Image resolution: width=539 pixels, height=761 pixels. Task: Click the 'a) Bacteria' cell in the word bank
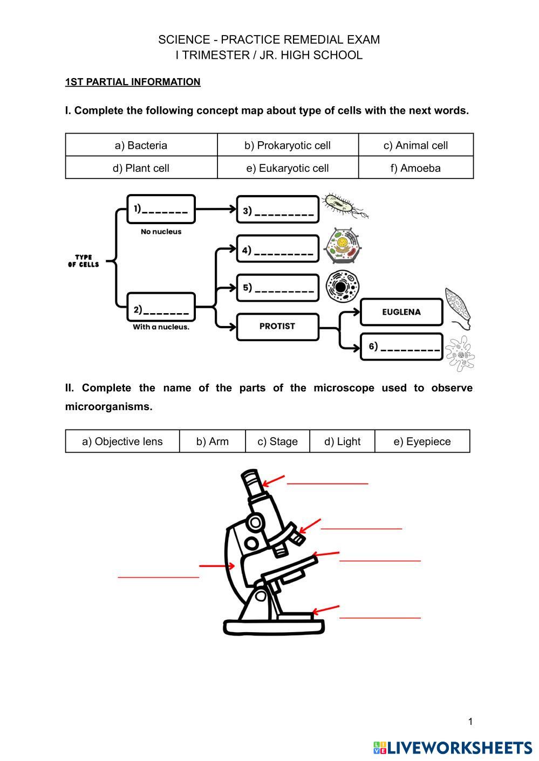(x=141, y=146)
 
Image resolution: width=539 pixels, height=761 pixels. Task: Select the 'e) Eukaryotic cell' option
(x=287, y=168)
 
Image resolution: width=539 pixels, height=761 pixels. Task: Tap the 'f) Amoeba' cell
(x=415, y=168)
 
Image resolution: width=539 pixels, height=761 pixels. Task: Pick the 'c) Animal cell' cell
(x=415, y=146)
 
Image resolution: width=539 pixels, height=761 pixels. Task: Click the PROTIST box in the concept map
(x=277, y=326)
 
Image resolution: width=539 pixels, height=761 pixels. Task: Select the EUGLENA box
(x=401, y=312)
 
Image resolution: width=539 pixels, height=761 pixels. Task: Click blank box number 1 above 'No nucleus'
(x=161, y=209)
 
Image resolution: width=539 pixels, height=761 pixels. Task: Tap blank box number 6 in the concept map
(x=401, y=347)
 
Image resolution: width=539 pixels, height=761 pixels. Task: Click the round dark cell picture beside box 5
(x=342, y=286)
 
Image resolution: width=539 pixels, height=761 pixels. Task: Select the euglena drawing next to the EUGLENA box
(x=458, y=307)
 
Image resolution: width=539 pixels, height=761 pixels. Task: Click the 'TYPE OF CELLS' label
(x=84, y=261)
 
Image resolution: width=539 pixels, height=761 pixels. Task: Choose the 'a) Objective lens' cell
(x=122, y=441)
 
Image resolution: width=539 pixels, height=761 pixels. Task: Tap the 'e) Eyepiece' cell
(x=422, y=441)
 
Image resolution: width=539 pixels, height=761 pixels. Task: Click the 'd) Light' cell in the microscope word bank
(x=342, y=441)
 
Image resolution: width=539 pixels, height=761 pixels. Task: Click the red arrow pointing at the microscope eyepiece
(x=274, y=480)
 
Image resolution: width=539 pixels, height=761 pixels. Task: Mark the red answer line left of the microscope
(x=158, y=577)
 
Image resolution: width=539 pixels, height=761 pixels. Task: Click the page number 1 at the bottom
(x=470, y=722)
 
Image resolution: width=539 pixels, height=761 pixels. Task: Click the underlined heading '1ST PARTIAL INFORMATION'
(x=133, y=82)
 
